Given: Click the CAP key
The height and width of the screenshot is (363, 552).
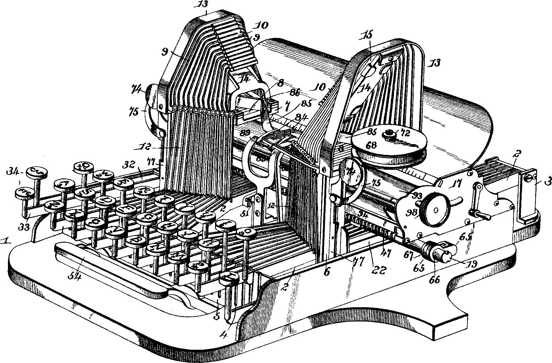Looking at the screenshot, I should [37, 172].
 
